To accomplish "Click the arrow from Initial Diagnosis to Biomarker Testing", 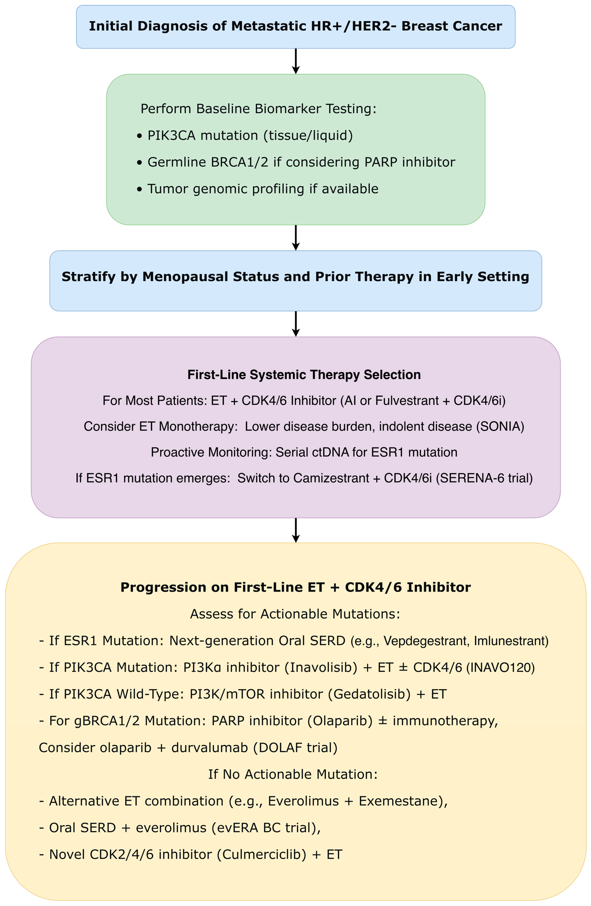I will [x=295, y=61].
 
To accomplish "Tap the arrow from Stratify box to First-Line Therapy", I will [x=295, y=324].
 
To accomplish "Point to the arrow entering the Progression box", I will [x=295, y=530].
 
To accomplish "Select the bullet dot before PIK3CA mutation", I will [x=140, y=136].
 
